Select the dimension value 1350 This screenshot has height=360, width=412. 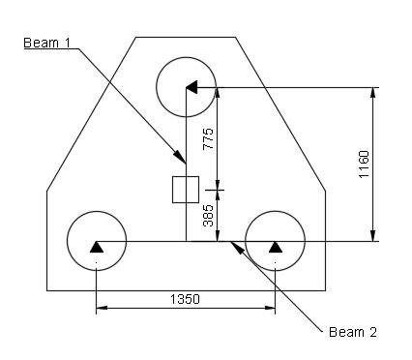pyautogui.click(x=185, y=299)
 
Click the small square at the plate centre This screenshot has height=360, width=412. pyautogui.click(x=185, y=190)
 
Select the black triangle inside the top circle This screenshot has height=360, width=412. pyautogui.click(x=191, y=87)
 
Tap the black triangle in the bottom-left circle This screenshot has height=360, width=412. pyautogui.click(x=96, y=248)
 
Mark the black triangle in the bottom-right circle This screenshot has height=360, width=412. pyautogui.click(x=275, y=248)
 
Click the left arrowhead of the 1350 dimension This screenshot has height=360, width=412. pyautogui.click(x=100, y=310)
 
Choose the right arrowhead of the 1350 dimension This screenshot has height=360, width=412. pyautogui.click(x=271, y=310)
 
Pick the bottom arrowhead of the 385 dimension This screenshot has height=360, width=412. pyautogui.click(x=218, y=236)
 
